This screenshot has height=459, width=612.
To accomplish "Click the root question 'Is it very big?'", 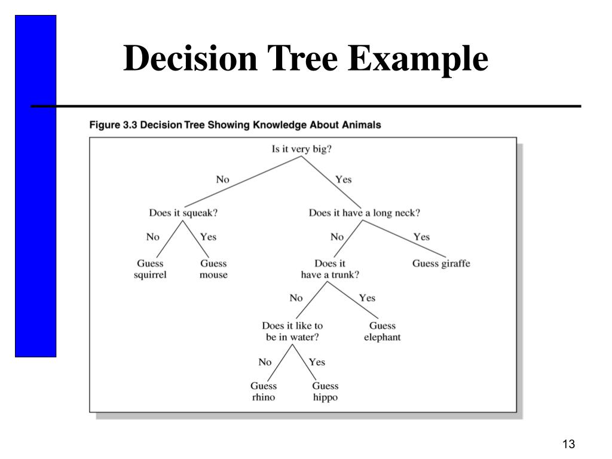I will (301, 149).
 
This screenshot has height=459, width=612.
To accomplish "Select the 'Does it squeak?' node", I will (183, 212).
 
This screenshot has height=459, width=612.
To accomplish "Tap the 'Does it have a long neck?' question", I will (364, 212).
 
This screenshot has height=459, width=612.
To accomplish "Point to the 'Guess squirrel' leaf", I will (150, 269).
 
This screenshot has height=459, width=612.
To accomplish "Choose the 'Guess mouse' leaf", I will (213, 269).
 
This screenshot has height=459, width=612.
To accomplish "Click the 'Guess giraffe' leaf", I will (441, 263).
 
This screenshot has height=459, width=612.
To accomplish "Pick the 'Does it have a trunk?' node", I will (330, 269).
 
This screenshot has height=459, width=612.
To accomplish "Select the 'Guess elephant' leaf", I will (382, 332).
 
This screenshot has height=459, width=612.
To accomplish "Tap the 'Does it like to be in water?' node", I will (292, 332).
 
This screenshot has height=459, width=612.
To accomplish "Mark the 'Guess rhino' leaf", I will (264, 391).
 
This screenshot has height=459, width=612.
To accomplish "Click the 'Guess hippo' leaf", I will (325, 391).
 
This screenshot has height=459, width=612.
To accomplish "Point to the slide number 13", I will (568, 444).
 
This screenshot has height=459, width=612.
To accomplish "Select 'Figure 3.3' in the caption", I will (113, 125).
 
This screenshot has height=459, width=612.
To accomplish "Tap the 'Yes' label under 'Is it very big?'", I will (344, 179).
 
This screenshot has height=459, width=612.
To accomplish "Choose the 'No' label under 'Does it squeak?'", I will (153, 237).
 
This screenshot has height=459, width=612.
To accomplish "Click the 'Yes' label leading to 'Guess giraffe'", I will (421, 237).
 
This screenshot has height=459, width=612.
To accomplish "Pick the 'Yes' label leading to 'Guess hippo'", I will (317, 362).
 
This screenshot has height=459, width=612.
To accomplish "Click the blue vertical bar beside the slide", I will (35, 186).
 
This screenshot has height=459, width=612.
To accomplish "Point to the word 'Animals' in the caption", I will (361, 125).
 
